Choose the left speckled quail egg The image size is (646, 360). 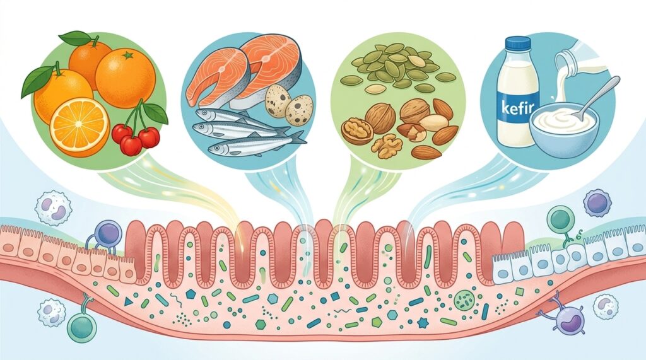tap(278, 100)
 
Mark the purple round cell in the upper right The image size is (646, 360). tap(597, 202)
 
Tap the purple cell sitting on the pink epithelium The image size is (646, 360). tap(107, 233)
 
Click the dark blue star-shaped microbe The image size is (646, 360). tap(423, 322)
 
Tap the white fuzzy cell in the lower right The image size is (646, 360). tap(605, 305)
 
